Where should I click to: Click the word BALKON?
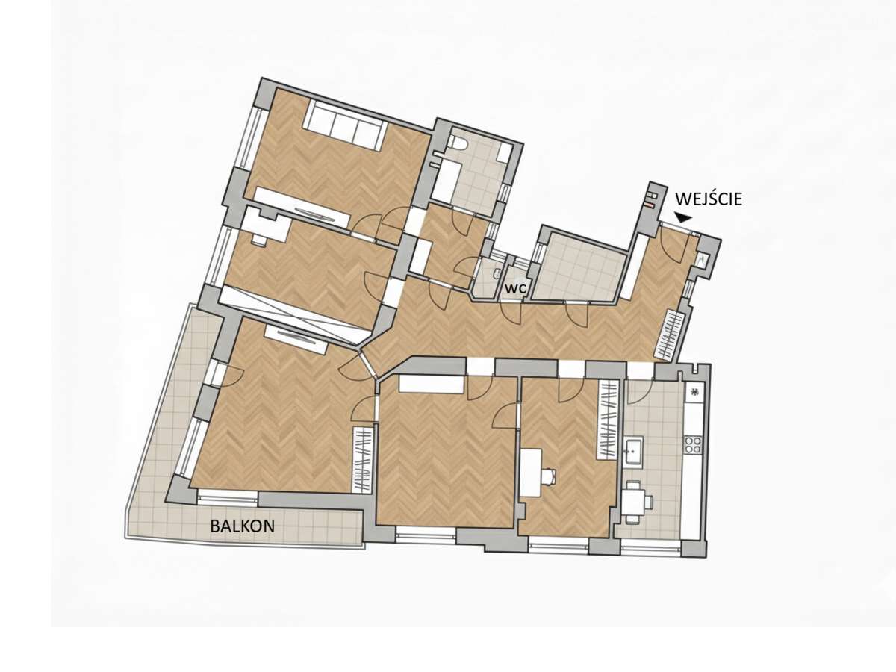click(x=242, y=525)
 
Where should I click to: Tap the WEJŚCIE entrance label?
click(x=709, y=199)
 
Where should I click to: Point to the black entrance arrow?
click(x=682, y=218)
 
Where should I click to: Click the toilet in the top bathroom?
click(x=458, y=141)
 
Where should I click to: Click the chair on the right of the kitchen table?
click(x=649, y=500)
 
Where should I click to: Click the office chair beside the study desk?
click(x=549, y=473)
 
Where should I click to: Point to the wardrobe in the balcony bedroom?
click(x=362, y=459)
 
